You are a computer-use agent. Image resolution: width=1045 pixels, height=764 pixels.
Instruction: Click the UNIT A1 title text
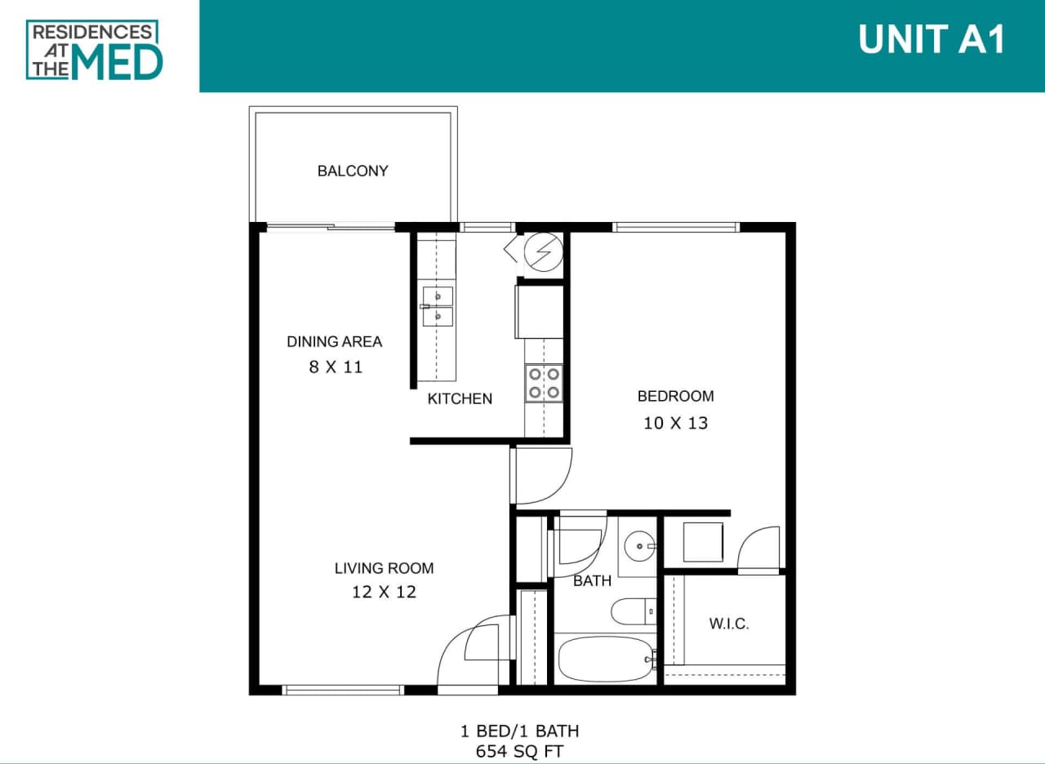pyautogui.click(x=932, y=39)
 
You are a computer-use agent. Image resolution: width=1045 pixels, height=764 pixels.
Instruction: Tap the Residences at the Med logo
pyautogui.click(x=95, y=50)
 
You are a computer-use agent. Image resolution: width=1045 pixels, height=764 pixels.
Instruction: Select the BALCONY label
pyautogui.click(x=353, y=171)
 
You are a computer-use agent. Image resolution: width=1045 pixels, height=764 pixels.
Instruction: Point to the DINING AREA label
pyautogui.click(x=334, y=341)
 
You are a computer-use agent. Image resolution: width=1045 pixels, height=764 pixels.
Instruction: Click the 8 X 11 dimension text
pyautogui.click(x=335, y=367)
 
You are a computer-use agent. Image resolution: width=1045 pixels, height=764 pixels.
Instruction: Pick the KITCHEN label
pyautogui.click(x=460, y=399)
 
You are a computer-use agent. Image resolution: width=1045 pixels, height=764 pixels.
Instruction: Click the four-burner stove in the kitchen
pyautogui.click(x=544, y=383)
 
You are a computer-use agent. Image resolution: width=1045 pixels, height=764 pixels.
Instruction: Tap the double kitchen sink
pyautogui.click(x=438, y=306)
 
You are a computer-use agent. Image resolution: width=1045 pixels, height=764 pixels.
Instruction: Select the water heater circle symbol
pyautogui.click(x=543, y=252)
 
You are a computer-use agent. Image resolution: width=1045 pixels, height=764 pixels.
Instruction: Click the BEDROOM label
pyautogui.click(x=675, y=396)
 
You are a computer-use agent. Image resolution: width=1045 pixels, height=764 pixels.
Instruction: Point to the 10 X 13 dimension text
pyautogui.click(x=675, y=423)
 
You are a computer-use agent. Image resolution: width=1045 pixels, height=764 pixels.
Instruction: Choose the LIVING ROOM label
pyautogui.click(x=384, y=568)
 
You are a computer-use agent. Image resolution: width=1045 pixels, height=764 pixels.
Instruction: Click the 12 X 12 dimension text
pyautogui.click(x=384, y=593)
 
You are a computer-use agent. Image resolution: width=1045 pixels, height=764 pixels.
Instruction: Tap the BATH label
pyautogui.click(x=592, y=581)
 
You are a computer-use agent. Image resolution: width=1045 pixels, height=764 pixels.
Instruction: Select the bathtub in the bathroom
pyautogui.click(x=607, y=660)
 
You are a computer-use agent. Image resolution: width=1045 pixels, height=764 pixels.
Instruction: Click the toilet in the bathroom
pyautogui.click(x=634, y=610)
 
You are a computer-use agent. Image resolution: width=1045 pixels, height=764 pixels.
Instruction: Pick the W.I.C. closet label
pyautogui.click(x=728, y=624)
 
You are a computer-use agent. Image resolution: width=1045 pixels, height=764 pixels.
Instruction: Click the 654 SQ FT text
pyautogui.click(x=519, y=751)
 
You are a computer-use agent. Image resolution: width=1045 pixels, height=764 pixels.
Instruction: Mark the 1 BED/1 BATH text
pyautogui.click(x=519, y=731)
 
